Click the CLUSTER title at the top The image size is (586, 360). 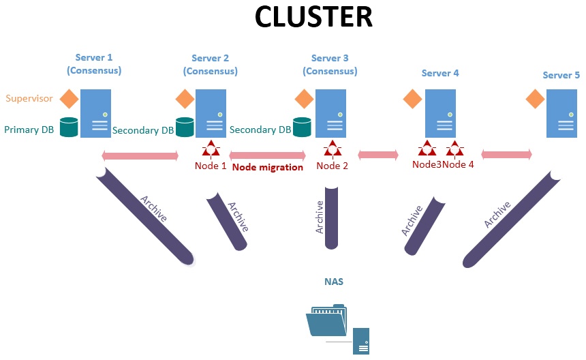313,17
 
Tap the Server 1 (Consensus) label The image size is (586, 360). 94,64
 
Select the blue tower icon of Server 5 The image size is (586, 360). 565,113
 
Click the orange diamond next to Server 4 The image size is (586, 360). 412,99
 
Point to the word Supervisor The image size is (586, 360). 29,98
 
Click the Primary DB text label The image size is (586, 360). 29,130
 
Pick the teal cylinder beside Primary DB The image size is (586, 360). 68,127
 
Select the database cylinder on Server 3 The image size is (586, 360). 302,127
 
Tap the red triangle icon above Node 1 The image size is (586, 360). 211,147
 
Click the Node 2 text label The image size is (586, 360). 333,166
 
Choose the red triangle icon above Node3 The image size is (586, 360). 427,147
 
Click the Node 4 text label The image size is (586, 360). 458,165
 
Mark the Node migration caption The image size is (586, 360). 267,167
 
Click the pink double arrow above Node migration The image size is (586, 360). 267,156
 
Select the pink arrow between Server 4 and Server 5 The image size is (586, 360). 506,155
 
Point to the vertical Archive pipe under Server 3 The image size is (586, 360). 332,217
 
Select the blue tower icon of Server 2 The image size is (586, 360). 211,113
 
